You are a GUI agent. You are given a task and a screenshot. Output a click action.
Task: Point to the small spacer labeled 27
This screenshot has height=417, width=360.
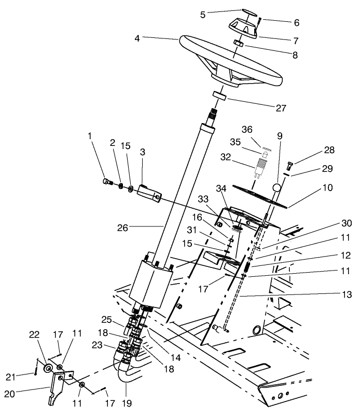220,96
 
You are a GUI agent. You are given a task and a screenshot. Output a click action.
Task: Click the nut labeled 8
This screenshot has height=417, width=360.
237,42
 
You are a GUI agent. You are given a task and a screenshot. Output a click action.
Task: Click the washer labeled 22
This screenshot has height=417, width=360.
48,369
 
